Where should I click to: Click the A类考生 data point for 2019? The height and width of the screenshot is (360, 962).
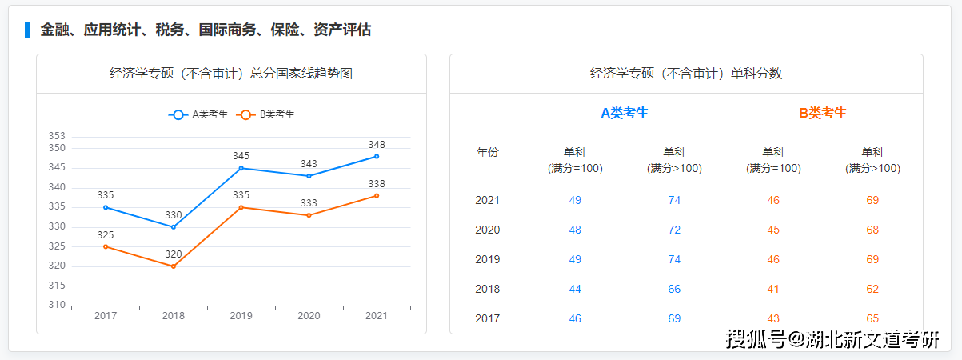tap(241, 168)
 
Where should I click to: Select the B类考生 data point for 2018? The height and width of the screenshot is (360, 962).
tap(173, 266)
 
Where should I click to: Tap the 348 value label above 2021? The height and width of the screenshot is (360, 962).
tap(377, 144)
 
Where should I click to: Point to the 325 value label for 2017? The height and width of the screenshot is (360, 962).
tap(106, 235)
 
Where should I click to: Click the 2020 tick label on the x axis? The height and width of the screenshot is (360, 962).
tap(309, 315)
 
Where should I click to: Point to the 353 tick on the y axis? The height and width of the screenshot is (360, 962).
tap(56, 136)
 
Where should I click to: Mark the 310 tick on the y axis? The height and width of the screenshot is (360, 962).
tap(56, 305)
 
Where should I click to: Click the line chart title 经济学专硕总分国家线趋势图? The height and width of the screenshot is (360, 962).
tap(231, 74)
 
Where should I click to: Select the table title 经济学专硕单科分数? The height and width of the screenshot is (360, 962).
tap(686, 74)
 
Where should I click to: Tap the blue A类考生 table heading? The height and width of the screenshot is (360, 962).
tap(625, 113)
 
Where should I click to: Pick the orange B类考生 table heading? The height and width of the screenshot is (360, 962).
tap(823, 113)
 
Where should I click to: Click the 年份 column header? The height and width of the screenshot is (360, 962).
tap(487, 152)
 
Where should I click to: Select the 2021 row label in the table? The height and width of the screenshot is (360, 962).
tap(487, 200)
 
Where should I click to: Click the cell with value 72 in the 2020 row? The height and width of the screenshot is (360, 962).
tap(674, 230)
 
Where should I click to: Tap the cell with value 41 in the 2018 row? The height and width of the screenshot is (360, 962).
tap(773, 289)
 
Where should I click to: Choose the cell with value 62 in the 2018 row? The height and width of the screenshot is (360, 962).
tap(872, 289)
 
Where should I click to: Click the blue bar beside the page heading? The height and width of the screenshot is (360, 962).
tap(27, 30)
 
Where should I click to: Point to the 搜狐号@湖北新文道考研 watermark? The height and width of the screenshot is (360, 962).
tap(832, 339)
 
